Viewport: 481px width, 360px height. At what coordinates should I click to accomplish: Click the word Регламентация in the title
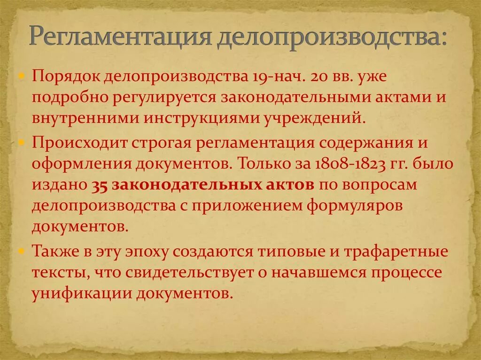point(119,38)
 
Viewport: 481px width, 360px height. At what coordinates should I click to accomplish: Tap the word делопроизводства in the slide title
point(331,38)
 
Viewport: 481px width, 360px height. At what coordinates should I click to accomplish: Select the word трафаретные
point(397,251)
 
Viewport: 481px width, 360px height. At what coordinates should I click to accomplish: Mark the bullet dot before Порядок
point(22,77)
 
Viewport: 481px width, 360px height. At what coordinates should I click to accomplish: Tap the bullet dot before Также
point(22,251)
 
